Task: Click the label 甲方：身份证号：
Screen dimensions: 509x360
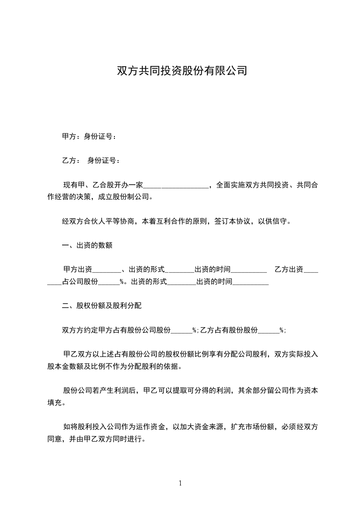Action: (89, 137)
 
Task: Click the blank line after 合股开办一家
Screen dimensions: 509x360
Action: (176, 185)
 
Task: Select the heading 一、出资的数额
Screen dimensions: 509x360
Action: (87, 245)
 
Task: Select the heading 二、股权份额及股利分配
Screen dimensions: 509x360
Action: (102, 306)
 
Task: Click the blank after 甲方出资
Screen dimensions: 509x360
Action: (107, 270)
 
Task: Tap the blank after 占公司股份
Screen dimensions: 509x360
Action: (109, 282)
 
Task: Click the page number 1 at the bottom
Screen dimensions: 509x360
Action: (180, 483)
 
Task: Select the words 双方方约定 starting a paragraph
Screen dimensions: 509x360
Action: (77, 330)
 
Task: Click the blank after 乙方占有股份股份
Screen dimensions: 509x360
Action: (268, 330)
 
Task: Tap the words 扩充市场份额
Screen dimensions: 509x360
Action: (253, 427)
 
